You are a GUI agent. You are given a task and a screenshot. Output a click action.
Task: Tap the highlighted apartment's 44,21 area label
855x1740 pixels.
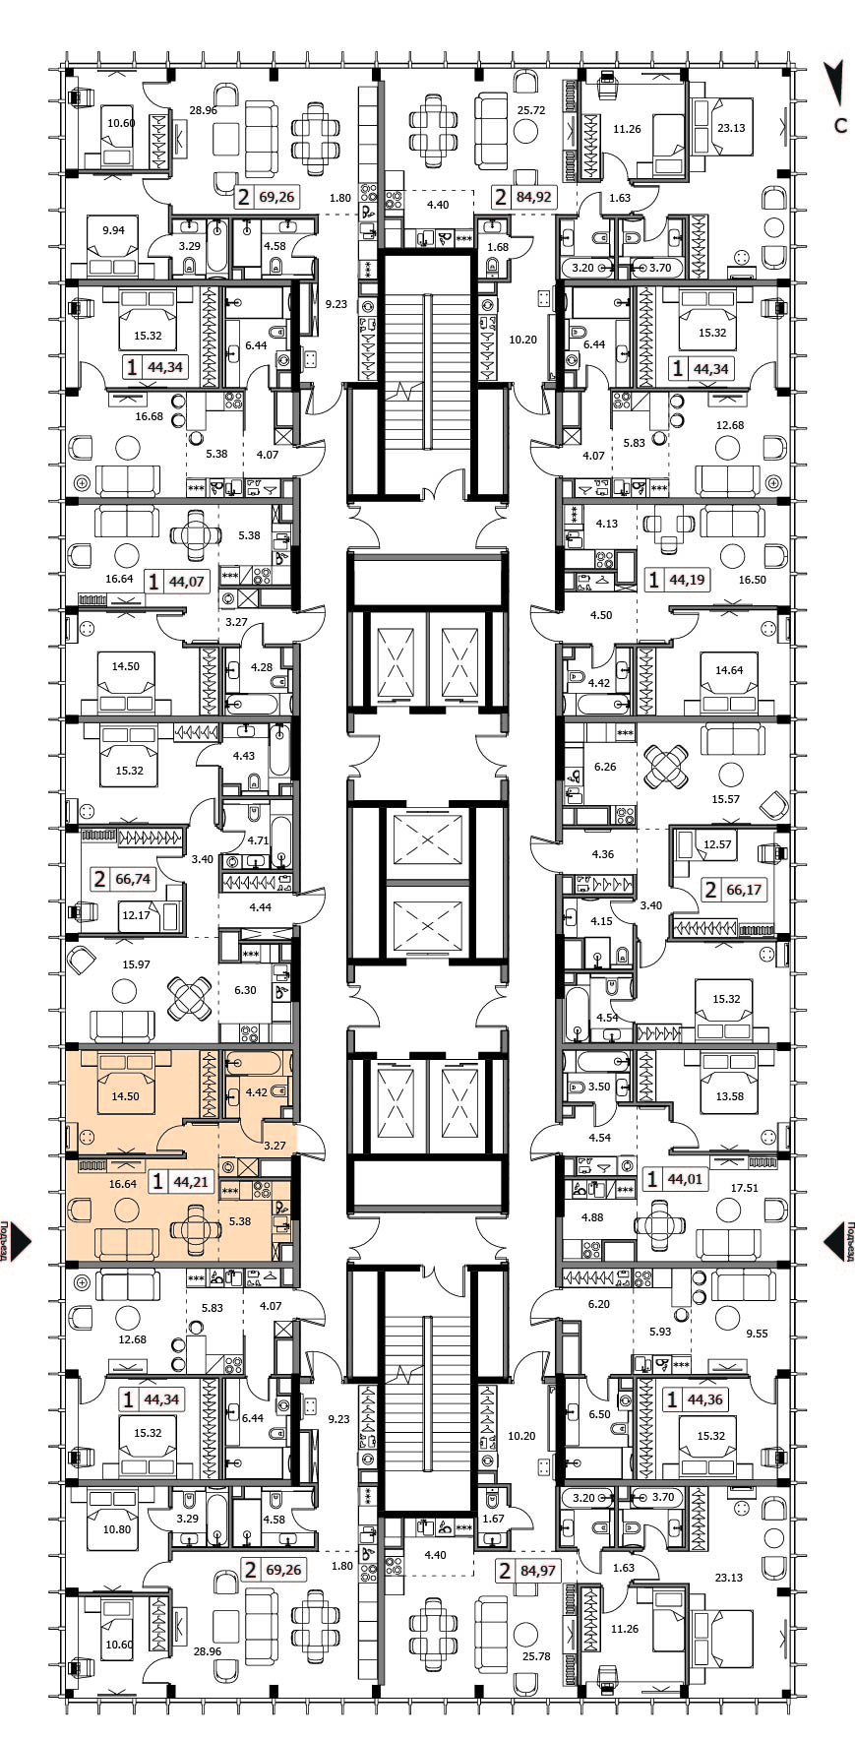pos(190,1182)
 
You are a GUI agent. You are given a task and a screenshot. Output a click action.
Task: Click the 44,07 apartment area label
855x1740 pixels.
pos(187,581)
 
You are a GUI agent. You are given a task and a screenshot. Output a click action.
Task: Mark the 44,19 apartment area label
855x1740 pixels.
pos(687,580)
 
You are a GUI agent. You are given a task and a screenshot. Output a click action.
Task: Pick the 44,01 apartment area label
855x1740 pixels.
pos(686,1178)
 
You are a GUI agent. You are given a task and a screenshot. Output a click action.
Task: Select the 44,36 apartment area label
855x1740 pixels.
pos(705,1398)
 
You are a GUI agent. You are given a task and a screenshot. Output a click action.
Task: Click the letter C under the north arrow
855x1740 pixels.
pos(840,126)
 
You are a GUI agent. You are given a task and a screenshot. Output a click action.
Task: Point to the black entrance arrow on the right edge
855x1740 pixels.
pos(834,1242)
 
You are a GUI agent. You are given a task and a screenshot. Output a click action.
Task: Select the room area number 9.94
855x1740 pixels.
pos(113,231)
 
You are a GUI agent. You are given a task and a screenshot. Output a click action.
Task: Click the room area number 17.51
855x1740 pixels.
pos(745,1188)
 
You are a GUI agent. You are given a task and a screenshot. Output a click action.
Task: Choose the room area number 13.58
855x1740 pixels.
pos(730,1096)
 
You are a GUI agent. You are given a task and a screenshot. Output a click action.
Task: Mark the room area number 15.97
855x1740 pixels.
pos(136,963)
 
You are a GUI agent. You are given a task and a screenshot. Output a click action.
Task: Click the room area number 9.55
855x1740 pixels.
pos(758,1334)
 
